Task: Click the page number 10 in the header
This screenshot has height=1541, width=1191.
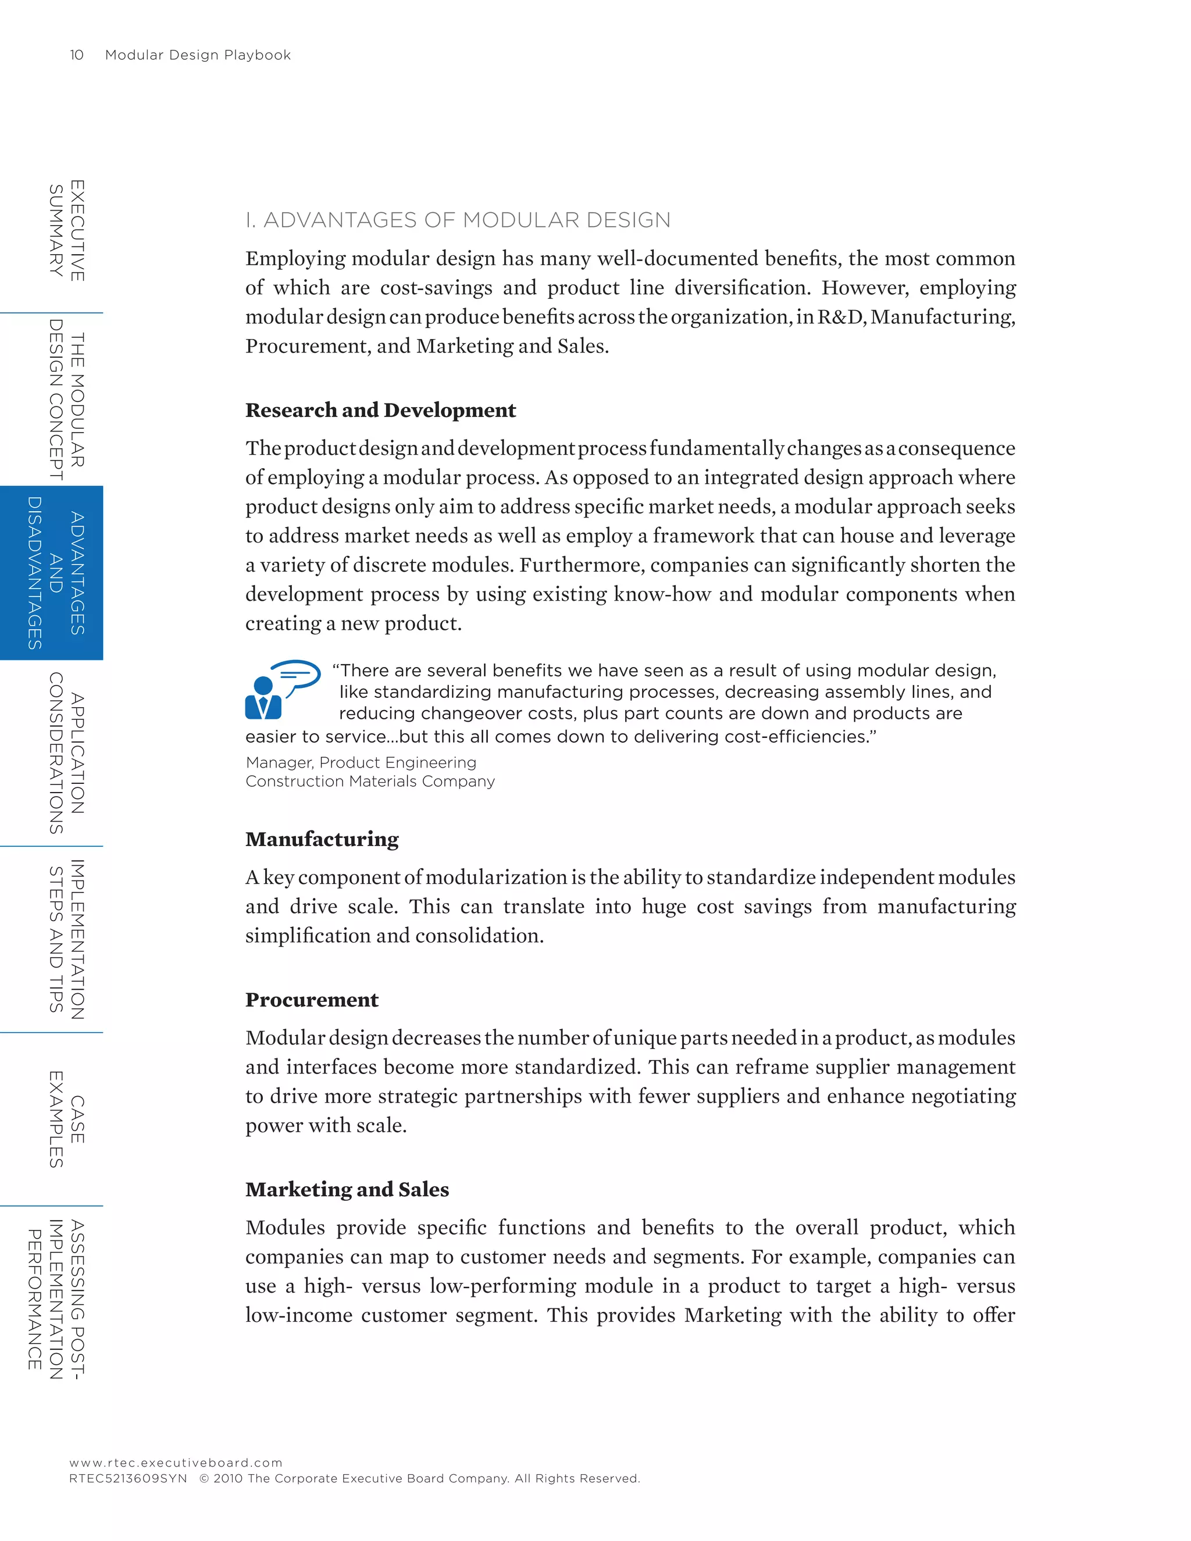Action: pyautogui.click(x=77, y=55)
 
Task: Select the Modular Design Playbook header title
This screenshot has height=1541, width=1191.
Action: pyautogui.click(x=198, y=55)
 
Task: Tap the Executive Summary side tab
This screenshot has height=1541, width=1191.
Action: pyautogui.click(x=66, y=230)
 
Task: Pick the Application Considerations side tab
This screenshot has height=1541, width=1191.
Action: pyautogui.click(x=66, y=753)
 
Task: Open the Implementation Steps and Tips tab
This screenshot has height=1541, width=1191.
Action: pyautogui.click(x=66, y=939)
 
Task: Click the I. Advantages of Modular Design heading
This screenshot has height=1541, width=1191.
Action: pyautogui.click(x=458, y=220)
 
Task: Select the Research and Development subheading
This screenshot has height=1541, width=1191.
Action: pyautogui.click(x=380, y=410)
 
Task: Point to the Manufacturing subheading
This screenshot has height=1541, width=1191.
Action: pyautogui.click(x=322, y=839)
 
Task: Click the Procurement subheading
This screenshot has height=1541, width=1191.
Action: pyautogui.click(x=312, y=1000)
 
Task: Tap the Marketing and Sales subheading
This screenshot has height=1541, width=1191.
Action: pyautogui.click(x=347, y=1190)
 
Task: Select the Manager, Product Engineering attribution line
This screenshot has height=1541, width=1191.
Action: pyautogui.click(x=361, y=763)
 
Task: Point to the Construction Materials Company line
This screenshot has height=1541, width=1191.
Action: pyautogui.click(x=370, y=782)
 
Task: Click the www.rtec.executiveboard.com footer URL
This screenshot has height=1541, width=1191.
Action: pyautogui.click(x=176, y=1462)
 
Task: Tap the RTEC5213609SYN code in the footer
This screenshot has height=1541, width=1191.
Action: pyautogui.click(x=129, y=1478)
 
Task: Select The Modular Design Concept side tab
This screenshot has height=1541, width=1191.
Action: pyautogui.click(x=66, y=399)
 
